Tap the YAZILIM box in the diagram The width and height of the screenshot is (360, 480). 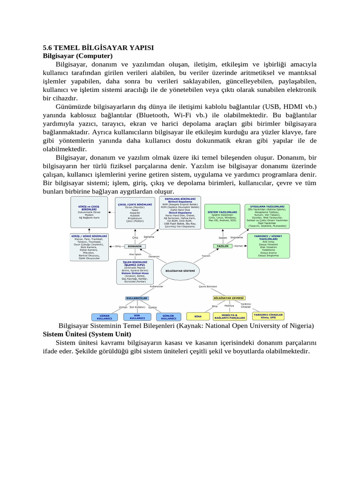223,246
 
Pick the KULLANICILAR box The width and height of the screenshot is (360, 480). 137,298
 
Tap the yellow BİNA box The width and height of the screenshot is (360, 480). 198,316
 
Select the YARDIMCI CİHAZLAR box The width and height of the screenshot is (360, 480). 269,315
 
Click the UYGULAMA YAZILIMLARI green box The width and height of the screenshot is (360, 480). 268,216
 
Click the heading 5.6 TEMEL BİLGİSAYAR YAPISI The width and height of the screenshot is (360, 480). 98,48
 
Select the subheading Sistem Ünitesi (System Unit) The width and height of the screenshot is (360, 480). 87,334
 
